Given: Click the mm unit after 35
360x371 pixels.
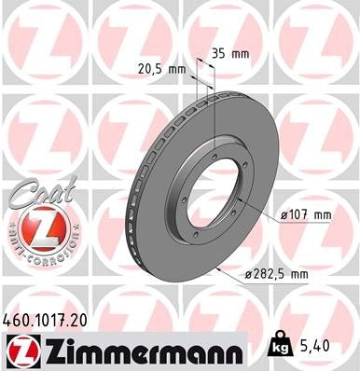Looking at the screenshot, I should [241, 53].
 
